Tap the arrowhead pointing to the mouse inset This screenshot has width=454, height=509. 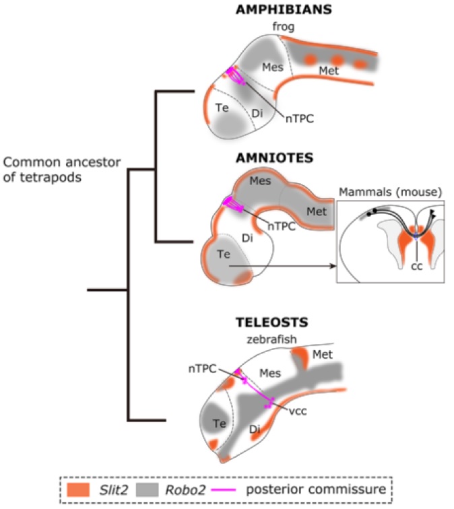[332, 267]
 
